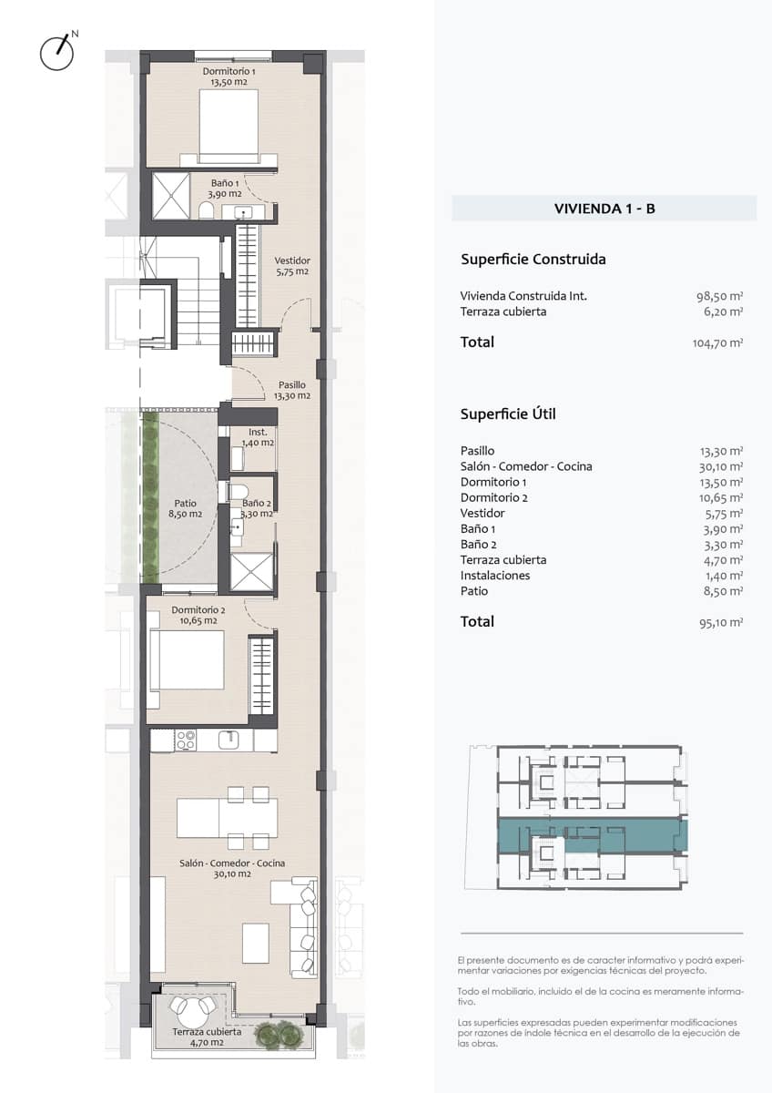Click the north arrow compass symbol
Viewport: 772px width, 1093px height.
click(x=57, y=52)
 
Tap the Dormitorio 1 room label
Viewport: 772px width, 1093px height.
click(x=229, y=77)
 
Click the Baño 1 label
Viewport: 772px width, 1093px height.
click(x=226, y=188)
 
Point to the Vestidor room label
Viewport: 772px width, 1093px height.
click(x=292, y=266)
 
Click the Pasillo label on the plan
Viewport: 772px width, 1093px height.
click(x=292, y=391)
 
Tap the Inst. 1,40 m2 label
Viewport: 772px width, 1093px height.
click(x=258, y=437)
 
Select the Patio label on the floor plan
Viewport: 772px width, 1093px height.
click(x=185, y=508)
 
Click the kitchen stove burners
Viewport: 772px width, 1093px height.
click(x=186, y=740)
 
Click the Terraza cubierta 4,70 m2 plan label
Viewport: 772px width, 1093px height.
click(x=208, y=1037)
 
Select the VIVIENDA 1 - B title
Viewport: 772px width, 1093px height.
click(x=604, y=209)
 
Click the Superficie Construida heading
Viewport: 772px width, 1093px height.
click(x=533, y=260)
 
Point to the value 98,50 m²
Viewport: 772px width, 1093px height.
click(x=717, y=296)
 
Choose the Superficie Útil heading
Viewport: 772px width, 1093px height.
click(x=508, y=414)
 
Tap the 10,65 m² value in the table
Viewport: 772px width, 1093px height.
click(x=717, y=498)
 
